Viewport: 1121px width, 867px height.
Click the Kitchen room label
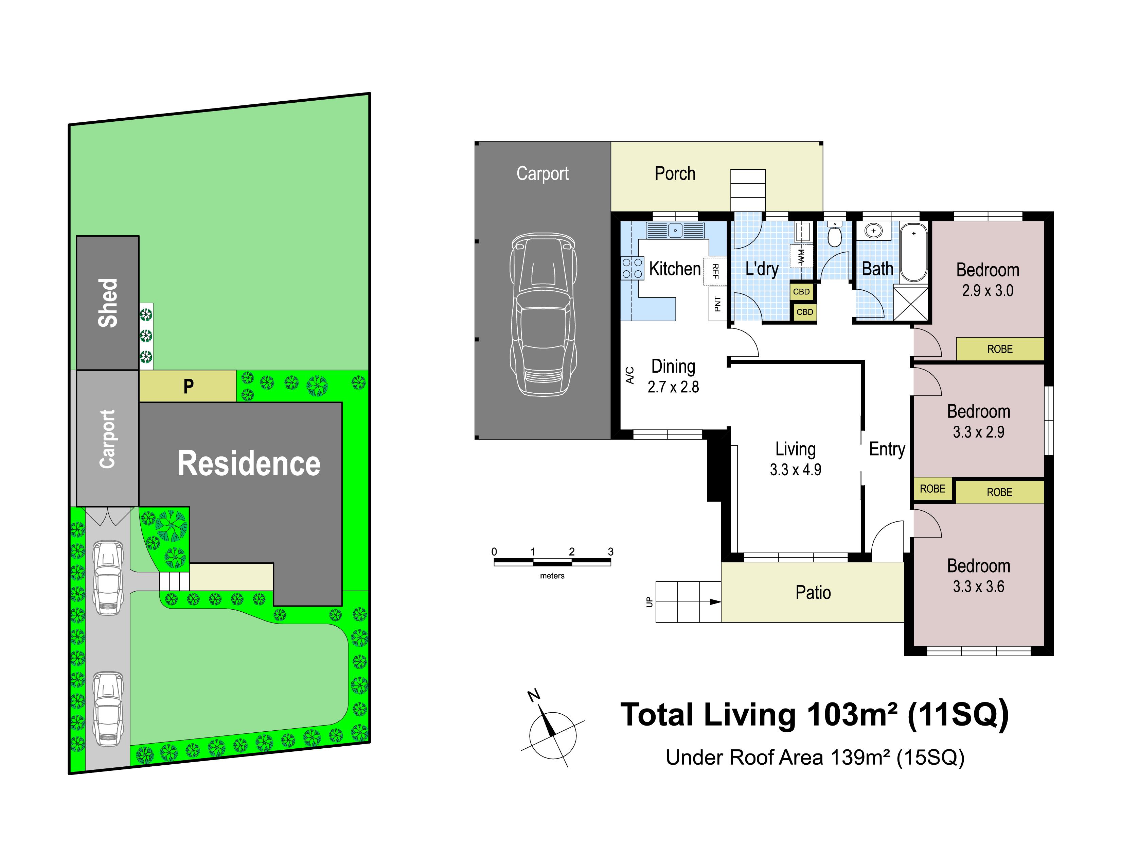(x=674, y=269)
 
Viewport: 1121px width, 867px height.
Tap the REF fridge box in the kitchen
(x=715, y=271)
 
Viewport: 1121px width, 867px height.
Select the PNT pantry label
(x=717, y=304)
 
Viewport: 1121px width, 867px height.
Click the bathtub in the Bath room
(x=914, y=252)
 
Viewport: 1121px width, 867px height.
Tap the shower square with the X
(x=911, y=304)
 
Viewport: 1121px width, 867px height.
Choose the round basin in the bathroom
(x=873, y=231)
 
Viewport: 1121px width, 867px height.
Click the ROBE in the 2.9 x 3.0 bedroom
(x=1000, y=349)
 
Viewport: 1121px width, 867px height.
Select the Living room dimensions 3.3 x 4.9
(x=795, y=470)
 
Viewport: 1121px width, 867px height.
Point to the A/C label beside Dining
(x=630, y=375)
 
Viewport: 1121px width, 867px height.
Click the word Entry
(x=887, y=449)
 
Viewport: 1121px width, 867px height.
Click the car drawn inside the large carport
(x=543, y=314)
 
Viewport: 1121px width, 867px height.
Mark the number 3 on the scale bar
(x=611, y=551)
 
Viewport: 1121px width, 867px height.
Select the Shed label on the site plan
(x=108, y=303)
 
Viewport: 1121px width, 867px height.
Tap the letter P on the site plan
(x=189, y=386)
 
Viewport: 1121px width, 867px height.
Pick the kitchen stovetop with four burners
(x=633, y=268)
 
